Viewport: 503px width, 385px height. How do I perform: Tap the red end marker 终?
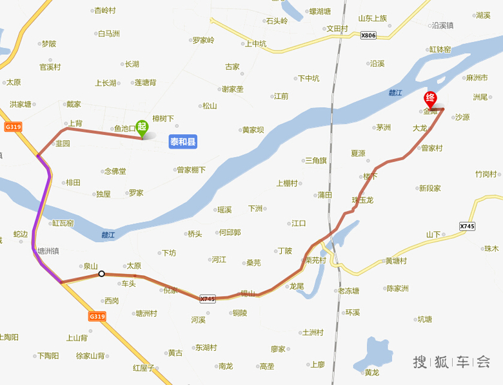[430, 99]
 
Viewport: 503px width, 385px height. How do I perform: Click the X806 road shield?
[368, 36]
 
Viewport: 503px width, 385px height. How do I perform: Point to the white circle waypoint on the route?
[101, 274]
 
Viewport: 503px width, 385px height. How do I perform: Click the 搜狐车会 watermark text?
[451, 362]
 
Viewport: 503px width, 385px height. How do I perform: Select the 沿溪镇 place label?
[443, 26]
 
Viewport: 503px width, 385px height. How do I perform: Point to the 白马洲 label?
[108, 34]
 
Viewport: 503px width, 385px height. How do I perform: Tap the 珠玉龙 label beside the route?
[362, 200]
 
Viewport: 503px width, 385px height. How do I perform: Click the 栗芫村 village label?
[316, 261]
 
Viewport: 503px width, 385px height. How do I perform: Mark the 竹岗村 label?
[486, 174]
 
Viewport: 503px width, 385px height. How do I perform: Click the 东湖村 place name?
[206, 347]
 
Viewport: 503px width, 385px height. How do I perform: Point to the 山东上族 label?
[373, 18]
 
